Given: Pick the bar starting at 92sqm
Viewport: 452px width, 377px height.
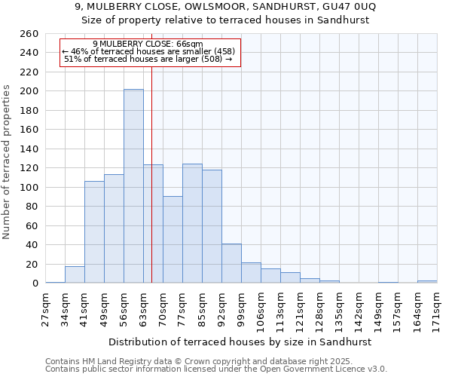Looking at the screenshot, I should coord(231,263).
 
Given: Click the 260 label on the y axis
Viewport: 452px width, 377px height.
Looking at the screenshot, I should coord(30,34).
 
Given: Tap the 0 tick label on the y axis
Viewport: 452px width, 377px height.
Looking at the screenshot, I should coord(35,284).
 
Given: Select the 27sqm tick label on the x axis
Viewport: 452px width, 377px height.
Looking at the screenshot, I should coord(46,308).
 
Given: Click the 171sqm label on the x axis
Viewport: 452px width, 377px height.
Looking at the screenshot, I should coord(438,308).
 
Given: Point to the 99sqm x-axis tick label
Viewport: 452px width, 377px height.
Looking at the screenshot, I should coord(242,308).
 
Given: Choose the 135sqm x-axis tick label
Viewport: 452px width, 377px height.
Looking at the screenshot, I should coord(340,308).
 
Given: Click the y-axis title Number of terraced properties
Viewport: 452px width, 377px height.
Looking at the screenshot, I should coord(8,162).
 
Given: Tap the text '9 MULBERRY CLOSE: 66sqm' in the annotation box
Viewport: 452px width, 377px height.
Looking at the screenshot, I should coord(148,44).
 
